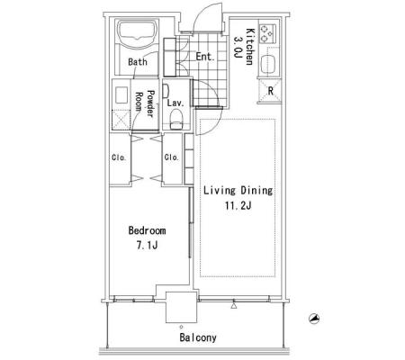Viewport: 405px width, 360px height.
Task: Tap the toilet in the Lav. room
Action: [176, 119]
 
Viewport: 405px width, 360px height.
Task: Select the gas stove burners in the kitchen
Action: [267, 33]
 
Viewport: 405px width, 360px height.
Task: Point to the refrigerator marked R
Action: [270, 90]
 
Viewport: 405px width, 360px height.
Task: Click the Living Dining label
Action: [238, 191]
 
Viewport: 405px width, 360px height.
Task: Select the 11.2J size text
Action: [238, 206]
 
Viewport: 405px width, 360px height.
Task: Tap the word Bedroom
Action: [147, 230]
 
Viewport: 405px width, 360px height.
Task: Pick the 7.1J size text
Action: [147, 246]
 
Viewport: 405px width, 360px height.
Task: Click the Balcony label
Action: [198, 337]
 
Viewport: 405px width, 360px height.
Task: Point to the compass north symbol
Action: [314, 319]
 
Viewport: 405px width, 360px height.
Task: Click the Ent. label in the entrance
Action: [205, 57]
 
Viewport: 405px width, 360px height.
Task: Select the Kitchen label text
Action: [250, 47]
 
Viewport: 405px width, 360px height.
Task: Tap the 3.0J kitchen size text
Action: [238, 48]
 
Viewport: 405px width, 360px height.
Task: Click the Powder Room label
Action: [145, 103]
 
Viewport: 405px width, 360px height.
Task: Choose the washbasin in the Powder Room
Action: [121, 94]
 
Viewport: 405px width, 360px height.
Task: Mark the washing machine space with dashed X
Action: [121, 120]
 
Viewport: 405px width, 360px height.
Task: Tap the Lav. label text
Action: [175, 103]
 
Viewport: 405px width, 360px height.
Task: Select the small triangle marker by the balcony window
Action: [234, 306]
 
